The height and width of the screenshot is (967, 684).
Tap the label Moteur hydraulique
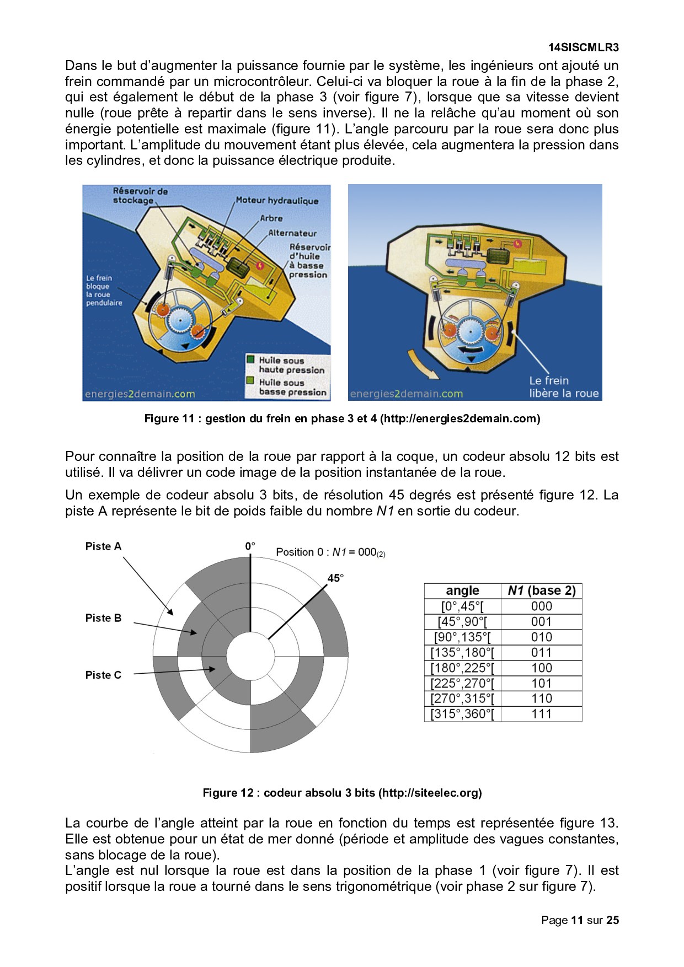[x=277, y=201]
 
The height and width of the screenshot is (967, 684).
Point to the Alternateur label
[x=292, y=233]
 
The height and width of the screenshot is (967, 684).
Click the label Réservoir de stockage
[x=140, y=196]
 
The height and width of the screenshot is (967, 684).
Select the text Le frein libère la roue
[x=563, y=387]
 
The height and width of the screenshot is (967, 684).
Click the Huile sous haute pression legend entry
[x=291, y=365]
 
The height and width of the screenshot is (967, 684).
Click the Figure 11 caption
[x=342, y=418]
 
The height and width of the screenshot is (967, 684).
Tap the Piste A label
[x=103, y=546]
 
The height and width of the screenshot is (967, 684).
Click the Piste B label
[x=103, y=618]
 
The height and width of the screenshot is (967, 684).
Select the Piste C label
[x=103, y=675]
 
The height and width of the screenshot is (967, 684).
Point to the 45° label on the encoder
[x=335, y=578]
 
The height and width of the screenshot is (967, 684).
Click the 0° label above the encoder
[x=250, y=546]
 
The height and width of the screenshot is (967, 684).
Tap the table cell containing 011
[x=541, y=653]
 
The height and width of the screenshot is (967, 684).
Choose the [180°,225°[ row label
[x=462, y=668]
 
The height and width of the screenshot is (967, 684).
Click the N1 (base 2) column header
[x=541, y=591]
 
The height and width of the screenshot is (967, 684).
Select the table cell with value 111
[x=541, y=714]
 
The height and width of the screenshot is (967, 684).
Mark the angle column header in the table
[x=462, y=591]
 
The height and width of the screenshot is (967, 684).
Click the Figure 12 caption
[x=342, y=793]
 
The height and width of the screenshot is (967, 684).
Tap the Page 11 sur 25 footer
[x=580, y=920]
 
